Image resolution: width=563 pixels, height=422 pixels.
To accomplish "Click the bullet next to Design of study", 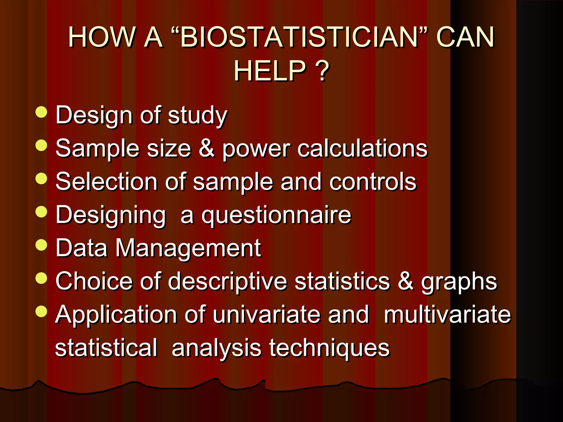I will tap(42, 112).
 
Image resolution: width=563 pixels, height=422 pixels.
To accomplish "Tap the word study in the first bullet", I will tap(197, 116).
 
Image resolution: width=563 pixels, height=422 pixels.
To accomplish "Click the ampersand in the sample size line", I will tap(206, 148).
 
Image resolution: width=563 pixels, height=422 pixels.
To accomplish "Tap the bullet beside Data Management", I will tap(42, 245).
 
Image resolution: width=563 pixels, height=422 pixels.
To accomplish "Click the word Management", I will tap(188, 248).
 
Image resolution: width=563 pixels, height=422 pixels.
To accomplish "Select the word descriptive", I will tap(227, 282).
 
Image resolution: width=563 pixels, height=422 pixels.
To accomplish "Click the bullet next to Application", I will tap(42, 311).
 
